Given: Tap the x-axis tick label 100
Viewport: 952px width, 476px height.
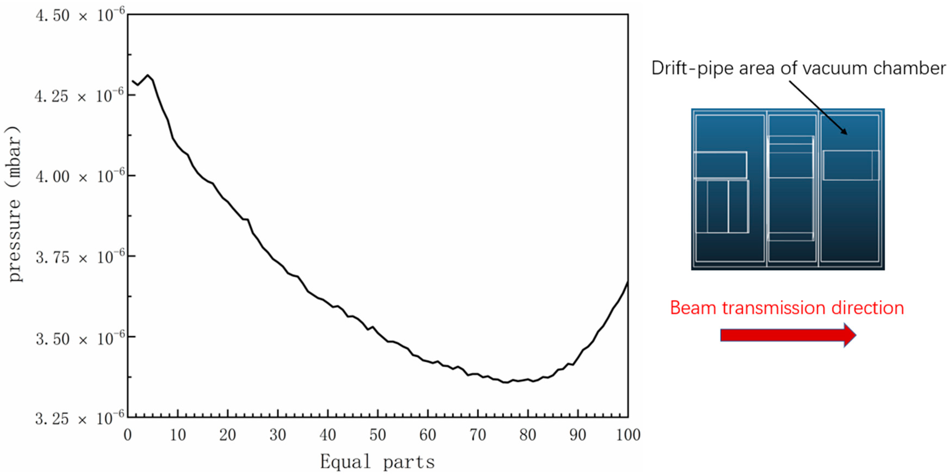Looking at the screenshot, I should tap(628, 435).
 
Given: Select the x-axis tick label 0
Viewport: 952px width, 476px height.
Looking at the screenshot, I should tap(127, 435).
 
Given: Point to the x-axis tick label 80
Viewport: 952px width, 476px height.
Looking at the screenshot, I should tap(527, 435).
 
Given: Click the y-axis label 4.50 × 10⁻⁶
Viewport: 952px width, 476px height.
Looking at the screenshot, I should tap(80, 16).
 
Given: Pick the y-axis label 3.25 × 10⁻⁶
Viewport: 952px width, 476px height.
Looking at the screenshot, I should tap(80, 419).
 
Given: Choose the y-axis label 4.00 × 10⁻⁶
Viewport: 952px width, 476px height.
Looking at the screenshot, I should tap(80, 177).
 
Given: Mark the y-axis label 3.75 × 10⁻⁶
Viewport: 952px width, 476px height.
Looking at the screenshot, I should tap(80, 257).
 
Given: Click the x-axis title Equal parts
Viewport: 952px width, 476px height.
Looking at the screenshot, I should tap(377, 462).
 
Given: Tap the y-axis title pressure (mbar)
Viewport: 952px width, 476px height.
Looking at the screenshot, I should tap(14, 203).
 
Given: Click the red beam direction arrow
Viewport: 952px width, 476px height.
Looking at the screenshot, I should tap(787, 335).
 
